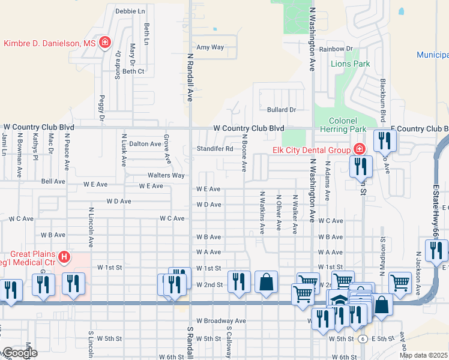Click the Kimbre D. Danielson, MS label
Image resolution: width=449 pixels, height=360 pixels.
pos(50,43)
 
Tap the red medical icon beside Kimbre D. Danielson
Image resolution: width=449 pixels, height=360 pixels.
pos(105,43)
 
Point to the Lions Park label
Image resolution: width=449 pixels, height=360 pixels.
pos(351,64)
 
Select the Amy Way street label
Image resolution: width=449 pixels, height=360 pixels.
pos(210,47)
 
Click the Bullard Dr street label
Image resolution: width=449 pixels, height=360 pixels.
pos(282,110)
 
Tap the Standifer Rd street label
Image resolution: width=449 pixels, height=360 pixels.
pos(215,149)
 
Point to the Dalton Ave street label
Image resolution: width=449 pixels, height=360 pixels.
pos(145,144)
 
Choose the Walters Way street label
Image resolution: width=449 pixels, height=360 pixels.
pos(166,175)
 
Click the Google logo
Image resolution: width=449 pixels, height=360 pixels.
pos(19,353)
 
